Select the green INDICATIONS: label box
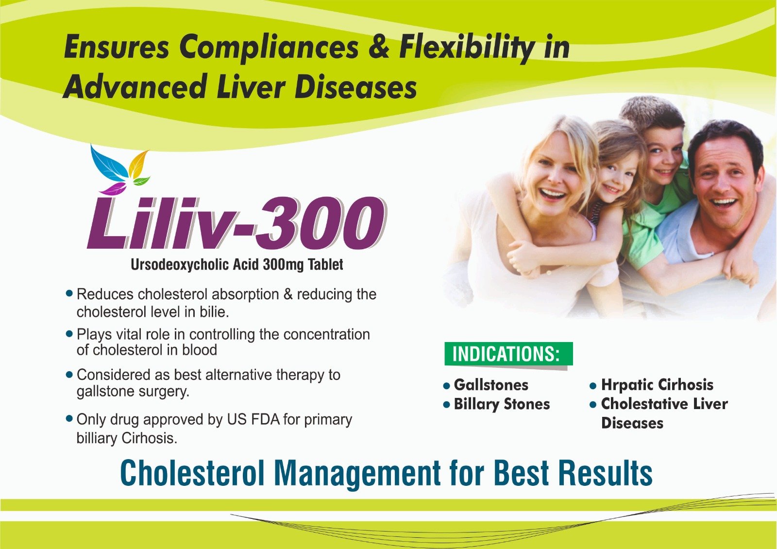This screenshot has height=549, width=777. [x=508, y=354]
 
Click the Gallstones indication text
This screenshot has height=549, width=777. [x=491, y=385]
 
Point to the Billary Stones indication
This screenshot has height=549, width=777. [x=502, y=405]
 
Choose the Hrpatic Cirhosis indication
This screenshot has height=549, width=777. [x=657, y=385]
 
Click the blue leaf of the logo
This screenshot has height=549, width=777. [x=108, y=163]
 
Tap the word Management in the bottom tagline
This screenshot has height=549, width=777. [x=357, y=473]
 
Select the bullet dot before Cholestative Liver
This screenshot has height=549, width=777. [x=593, y=405]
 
